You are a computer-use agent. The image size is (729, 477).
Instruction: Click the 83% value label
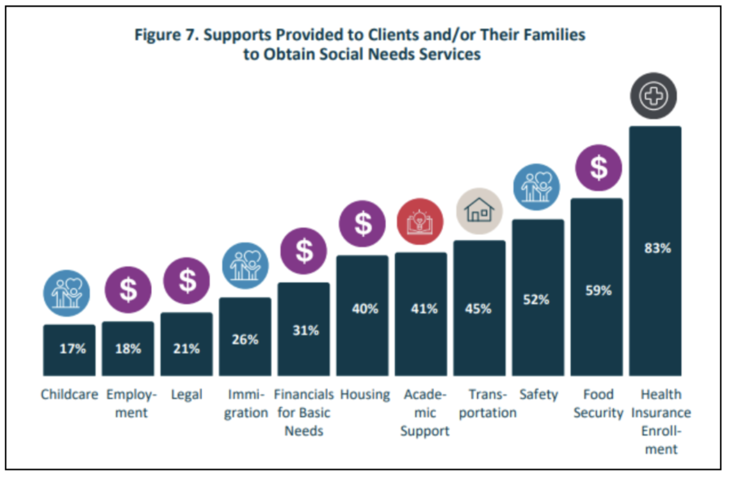[657, 248]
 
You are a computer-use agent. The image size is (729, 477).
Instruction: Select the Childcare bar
[69, 350]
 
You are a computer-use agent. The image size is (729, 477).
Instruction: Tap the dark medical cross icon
[653, 96]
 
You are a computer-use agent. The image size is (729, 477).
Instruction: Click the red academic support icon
[420, 222]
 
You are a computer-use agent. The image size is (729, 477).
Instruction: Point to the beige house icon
[479, 211]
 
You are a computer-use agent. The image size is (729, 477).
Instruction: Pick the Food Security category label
[598, 403]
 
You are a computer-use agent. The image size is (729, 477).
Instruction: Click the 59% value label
[598, 290]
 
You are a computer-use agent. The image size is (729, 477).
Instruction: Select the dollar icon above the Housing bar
[362, 224]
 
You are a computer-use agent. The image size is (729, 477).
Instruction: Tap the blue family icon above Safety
[536, 187]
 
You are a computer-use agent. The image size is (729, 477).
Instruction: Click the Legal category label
[187, 394]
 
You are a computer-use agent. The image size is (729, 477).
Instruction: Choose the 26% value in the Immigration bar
[245, 339]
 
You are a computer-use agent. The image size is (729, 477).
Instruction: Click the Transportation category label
[487, 403]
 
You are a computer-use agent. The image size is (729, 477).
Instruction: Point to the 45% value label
[478, 309]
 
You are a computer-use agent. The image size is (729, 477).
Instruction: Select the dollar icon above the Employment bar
[128, 290]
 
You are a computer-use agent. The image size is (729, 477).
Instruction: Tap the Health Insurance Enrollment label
[661, 421]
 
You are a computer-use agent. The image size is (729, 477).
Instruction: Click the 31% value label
[306, 330]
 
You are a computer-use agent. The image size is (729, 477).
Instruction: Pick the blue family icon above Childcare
[67, 293]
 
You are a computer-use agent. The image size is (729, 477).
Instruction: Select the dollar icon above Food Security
[598, 168]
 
